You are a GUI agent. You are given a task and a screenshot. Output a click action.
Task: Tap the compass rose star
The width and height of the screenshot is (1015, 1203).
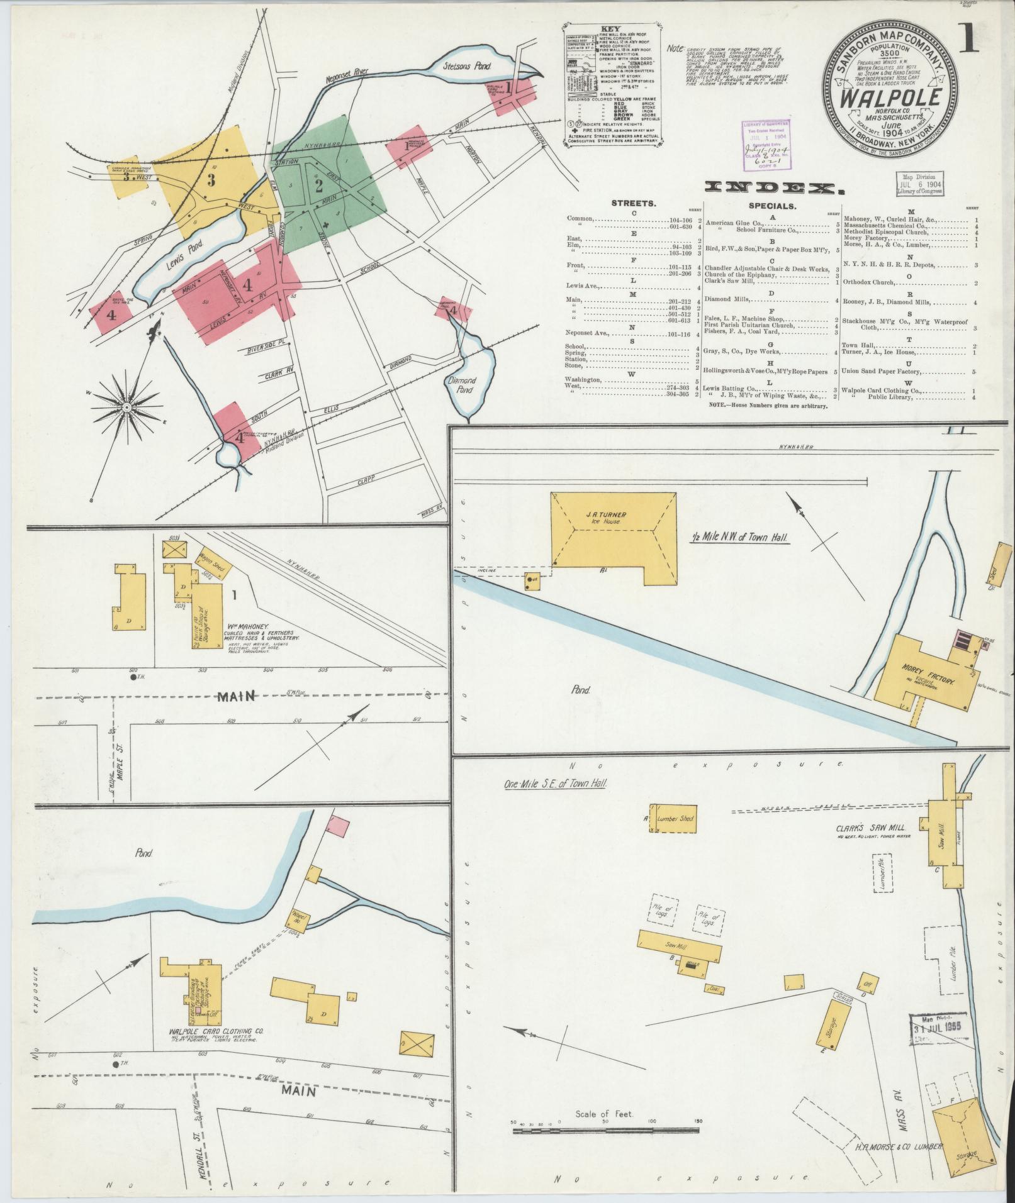pos(126,408)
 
